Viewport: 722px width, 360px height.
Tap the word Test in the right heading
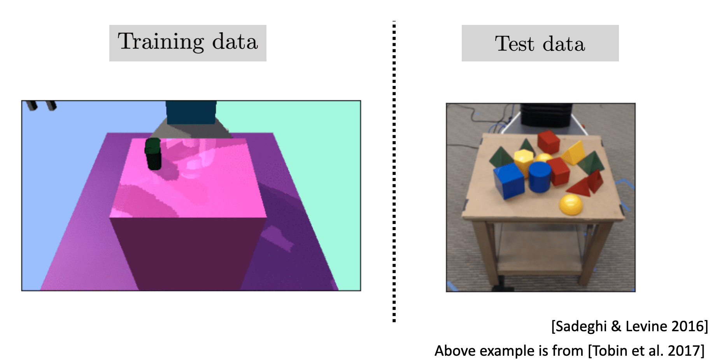(514, 44)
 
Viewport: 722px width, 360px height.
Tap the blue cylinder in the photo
(540, 177)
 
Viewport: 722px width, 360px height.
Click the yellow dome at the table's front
(571, 204)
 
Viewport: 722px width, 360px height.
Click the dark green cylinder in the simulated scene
(153, 154)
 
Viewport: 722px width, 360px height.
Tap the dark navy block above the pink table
(191, 112)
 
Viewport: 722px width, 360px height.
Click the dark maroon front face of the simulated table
(187, 253)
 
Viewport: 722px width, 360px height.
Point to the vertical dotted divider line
(394, 171)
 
